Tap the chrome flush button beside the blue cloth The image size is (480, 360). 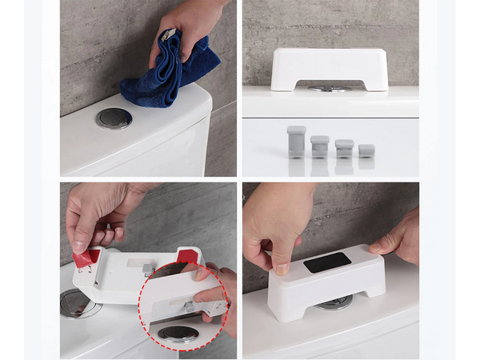coord(114,118)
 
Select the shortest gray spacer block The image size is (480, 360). coord(366,150)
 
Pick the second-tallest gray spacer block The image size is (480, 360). coord(319,145)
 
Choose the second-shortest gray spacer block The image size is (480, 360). coord(344,147)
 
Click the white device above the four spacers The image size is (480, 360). coord(330,67)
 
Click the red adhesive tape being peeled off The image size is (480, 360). coord(86,258)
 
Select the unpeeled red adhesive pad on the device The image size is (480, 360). coord(187,254)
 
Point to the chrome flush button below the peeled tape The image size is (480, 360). coord(75,304)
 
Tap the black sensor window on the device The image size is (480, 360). coord(326,262)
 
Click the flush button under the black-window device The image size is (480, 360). coord(334,302)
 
